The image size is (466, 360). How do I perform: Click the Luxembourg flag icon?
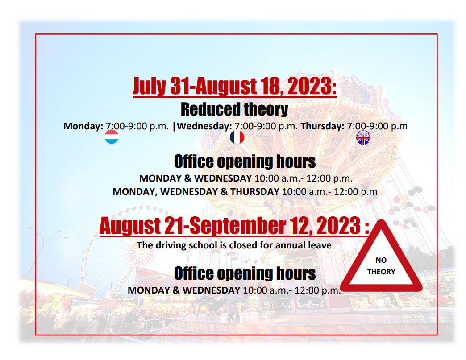point(112,137)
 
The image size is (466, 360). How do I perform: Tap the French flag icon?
point(237,137)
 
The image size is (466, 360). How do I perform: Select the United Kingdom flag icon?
point(363,137)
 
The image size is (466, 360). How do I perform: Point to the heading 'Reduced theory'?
point(234,109)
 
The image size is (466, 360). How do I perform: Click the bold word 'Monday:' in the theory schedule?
point(83,126)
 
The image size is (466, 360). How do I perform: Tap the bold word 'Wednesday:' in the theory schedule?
point(204,126)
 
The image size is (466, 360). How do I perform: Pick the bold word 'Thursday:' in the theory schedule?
point(322,126)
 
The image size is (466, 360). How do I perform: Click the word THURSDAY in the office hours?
point(255,191)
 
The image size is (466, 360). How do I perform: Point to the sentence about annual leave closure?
point(234,245)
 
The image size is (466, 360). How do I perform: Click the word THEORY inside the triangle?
point(381,272)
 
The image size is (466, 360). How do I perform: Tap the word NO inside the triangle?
point(381,260)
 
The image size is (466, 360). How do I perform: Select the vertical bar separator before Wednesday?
point(174,126)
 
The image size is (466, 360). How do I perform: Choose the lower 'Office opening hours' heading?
point(245,273)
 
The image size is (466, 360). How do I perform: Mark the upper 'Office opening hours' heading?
point(245,161)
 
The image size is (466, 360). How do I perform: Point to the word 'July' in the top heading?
point(149,87)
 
